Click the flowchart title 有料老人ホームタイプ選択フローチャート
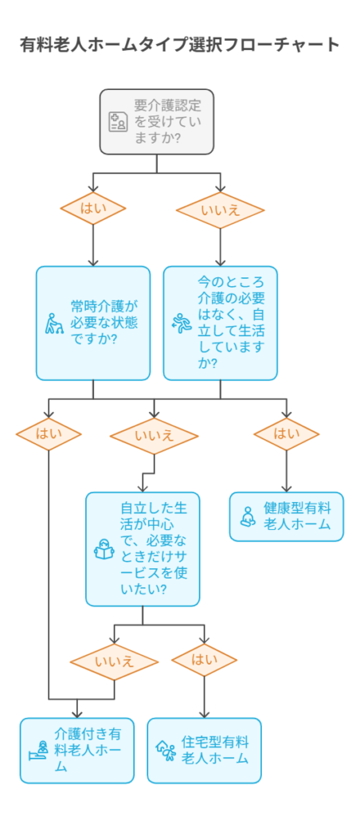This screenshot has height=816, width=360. (179, 45)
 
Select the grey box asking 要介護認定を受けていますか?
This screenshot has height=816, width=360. (157, 122)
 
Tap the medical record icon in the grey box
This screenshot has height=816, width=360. (118, 122)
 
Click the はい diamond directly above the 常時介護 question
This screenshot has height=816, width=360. (93, 208)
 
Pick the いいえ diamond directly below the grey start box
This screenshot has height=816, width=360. (220, 210)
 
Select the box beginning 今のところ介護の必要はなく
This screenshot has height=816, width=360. (220, 324)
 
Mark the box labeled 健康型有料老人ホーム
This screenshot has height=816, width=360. (286, 516)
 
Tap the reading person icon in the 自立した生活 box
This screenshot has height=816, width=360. (104, 550)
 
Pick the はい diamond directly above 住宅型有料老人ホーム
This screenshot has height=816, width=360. (204, 661)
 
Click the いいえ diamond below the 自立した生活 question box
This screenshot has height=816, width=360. (115, 662)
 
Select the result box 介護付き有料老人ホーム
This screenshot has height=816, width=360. (77, 751)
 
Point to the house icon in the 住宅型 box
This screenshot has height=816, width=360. (166, 751)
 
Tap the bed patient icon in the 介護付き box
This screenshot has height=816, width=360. (39, 751)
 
